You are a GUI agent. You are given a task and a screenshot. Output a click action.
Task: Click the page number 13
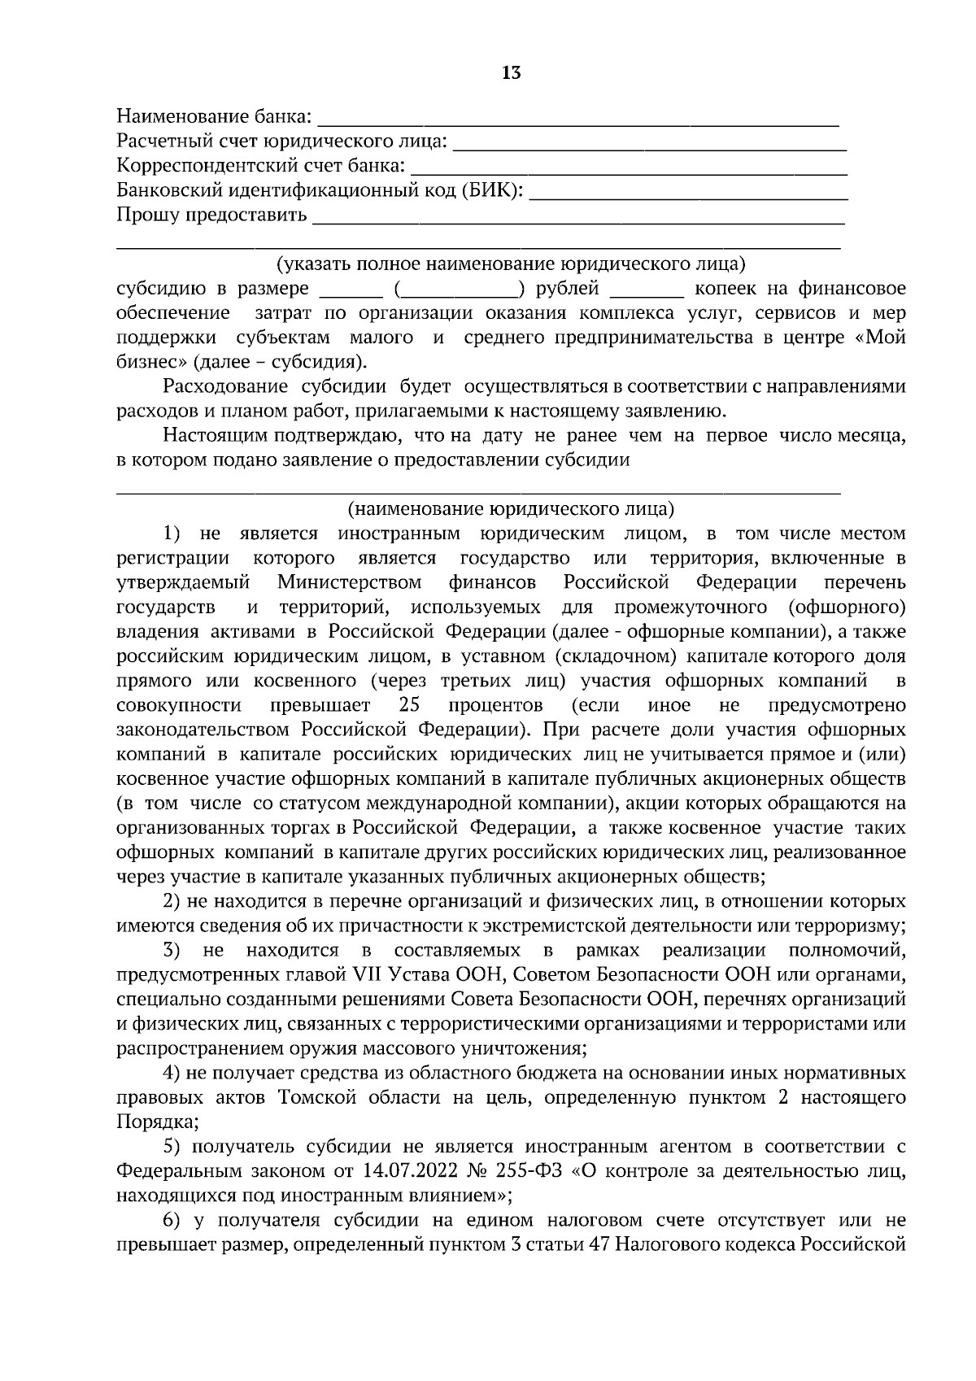click(511, 73)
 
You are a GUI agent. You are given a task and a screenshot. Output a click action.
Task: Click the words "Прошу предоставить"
click(212, 216)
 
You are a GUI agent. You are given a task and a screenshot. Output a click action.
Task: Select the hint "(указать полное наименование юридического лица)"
click(511, 264)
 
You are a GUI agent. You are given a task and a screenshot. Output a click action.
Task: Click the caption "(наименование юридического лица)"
click(511, 510)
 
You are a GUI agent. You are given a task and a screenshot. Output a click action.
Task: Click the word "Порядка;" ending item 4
click(157, 1122)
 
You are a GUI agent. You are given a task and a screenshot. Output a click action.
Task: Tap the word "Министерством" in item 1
click(349, 582)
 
